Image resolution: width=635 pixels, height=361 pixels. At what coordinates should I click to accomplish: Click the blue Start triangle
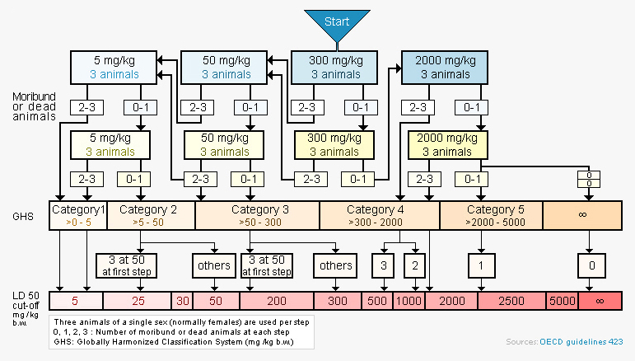click(337, 26)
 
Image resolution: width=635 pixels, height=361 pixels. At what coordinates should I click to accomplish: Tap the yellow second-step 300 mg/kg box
click(334, 145)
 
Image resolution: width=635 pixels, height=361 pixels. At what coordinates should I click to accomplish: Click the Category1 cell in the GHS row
click(78, 215)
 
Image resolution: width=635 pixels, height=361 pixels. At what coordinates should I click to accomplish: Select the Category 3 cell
click(257, 215)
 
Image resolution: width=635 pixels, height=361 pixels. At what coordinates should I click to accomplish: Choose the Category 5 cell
click(491, 215)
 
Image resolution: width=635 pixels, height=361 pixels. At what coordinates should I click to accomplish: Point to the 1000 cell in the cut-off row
click(409, 301)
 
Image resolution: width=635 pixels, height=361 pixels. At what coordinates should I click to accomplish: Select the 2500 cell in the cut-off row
click(511, 301)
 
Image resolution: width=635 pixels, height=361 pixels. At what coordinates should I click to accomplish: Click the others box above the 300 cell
click(336, 265)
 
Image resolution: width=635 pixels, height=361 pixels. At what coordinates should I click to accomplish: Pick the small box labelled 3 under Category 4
click(383, 265)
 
